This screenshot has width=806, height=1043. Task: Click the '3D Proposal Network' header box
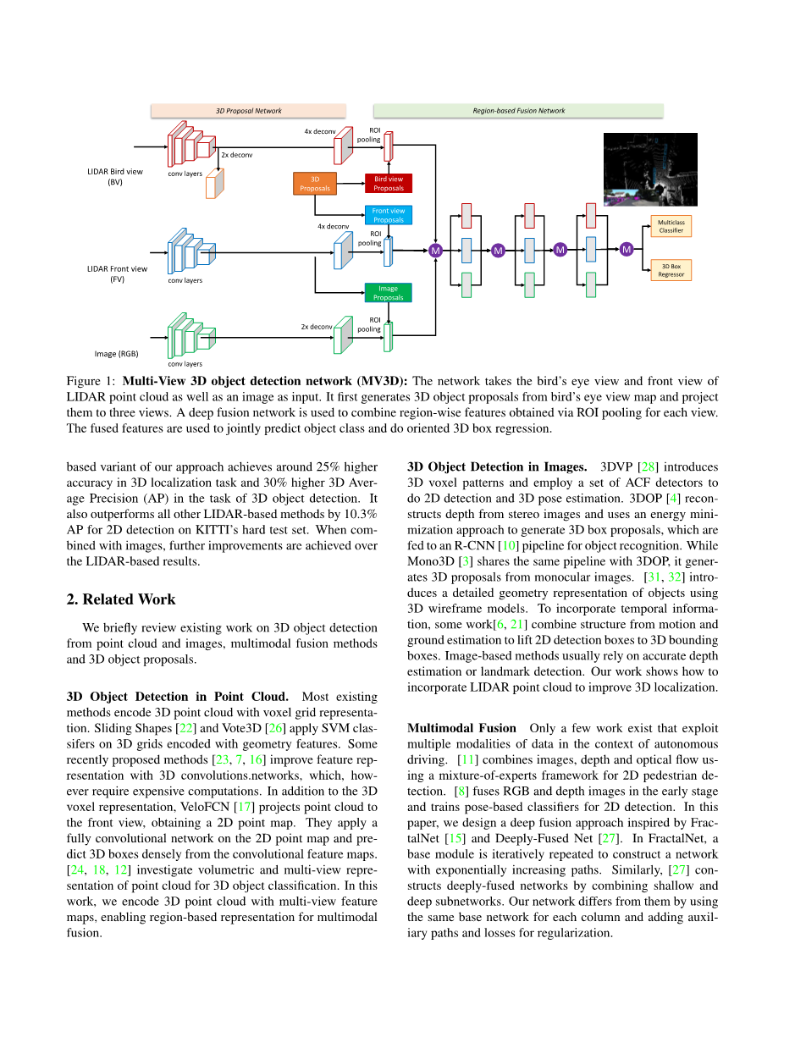coord(248,111)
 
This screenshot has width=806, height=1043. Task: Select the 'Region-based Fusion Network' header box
coord(518,111)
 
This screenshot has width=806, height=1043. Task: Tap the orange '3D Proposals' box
coord(315,184)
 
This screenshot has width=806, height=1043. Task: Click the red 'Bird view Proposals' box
coord(389,184)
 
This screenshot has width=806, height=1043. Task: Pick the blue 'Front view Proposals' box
coord(389,215)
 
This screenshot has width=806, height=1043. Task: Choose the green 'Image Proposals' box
coord(389,293)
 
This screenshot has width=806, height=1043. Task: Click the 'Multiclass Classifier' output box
coord(671,226)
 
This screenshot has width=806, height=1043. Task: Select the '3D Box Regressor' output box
coord(671,270)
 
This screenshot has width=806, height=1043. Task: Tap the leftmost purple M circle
coord(436,251)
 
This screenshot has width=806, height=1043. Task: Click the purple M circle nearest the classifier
coord(627,249)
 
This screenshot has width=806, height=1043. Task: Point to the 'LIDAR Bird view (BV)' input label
coord(115,176)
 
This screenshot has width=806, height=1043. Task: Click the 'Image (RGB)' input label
coord(117,354)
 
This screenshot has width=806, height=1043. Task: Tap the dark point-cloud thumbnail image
coord(650,169)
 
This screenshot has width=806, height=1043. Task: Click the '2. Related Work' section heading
coord(121,599)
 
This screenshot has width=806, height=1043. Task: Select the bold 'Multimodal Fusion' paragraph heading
coord(461,728)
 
